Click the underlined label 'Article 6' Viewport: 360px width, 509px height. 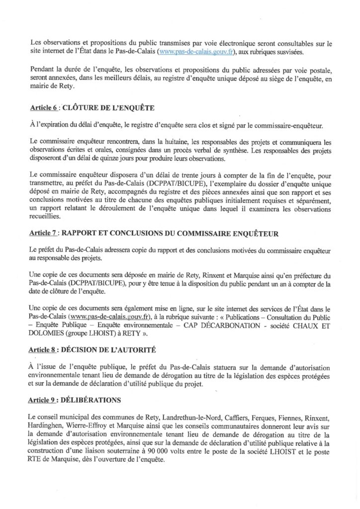click(43, 107)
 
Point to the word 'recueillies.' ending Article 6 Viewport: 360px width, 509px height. click(46, 217)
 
